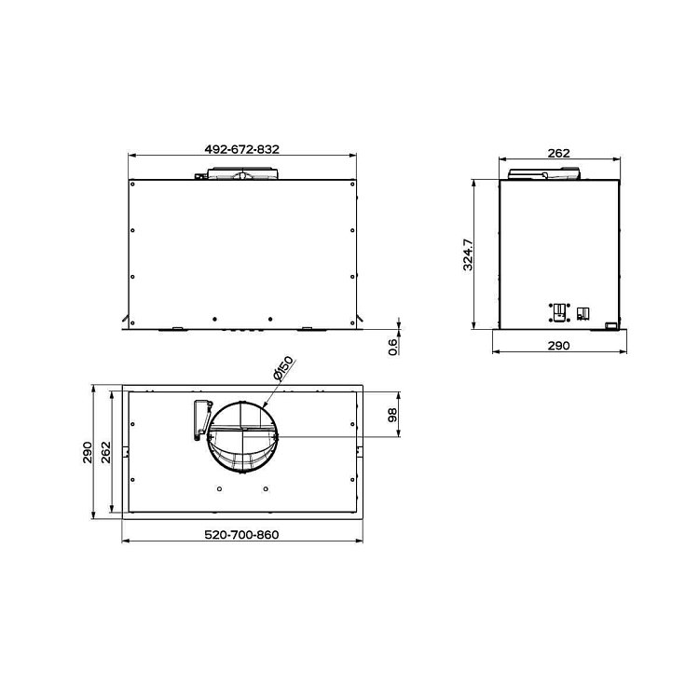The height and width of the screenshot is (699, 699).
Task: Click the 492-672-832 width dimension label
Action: tap(242, 149)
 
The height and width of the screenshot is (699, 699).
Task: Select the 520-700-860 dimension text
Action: tap(241, 535)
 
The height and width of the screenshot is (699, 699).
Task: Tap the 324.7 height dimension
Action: tap(468, 254)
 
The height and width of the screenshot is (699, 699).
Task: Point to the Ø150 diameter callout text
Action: tap(283, 368)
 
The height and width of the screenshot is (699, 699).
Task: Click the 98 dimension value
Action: tap(392, 416)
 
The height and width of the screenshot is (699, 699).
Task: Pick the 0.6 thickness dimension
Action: tap(392, 347)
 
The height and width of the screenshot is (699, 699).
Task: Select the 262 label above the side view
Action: tap(558, 154)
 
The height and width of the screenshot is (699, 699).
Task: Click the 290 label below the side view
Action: tap(558, 346)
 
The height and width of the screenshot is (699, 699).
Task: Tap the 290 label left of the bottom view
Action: tap(88, 452)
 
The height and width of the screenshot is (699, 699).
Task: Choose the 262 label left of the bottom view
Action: tap(105, 452)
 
